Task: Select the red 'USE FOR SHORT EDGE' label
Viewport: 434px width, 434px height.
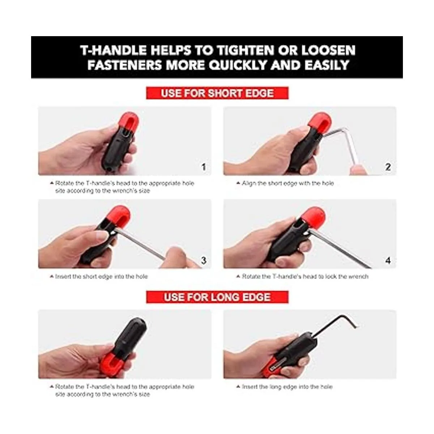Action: click(x=217, y=93)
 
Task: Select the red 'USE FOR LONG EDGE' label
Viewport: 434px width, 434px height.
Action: click(x=217, y=297)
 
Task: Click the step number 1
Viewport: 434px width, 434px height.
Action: click(x=204, y=167)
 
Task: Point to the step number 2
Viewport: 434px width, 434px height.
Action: click(x=388, y=167)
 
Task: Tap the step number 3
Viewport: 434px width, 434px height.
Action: click(x=204, y=260)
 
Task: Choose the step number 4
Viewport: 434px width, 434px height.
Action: click(x=388, y=260)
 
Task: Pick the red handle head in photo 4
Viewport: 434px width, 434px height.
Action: click(x=314, y=216)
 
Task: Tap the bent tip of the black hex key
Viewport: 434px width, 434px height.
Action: click(x=356, y=325)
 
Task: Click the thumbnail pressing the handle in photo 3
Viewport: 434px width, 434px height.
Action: click(x=102, y=236)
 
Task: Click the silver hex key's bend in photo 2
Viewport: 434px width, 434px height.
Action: click(x=343, y=129)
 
